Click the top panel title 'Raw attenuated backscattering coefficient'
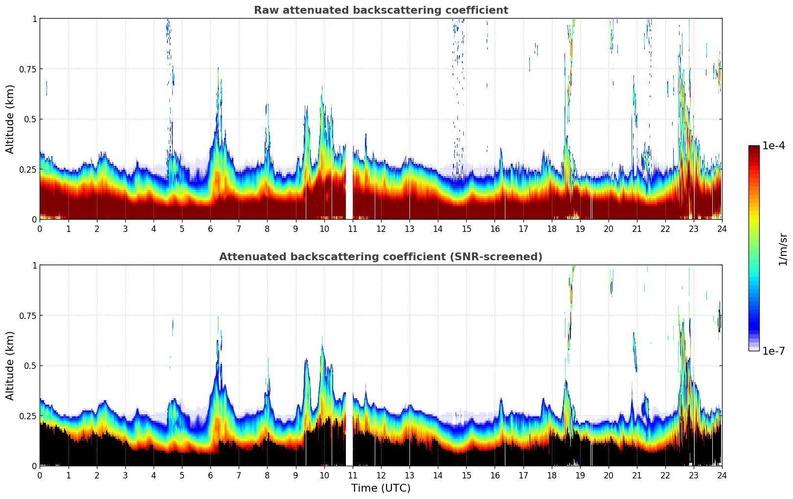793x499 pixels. pyautogui.click(x=381, y=10)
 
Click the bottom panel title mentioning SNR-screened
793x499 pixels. pyautogui.click(x=381, y=257)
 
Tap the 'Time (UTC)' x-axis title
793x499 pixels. pyautogui.click(x=381, y=488)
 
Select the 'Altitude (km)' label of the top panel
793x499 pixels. pyautogui.click(x=10, y=119)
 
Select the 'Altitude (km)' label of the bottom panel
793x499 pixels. pyautogui.click(x=10, y=365)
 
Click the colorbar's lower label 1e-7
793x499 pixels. pyautogui.click(x=773, y=351)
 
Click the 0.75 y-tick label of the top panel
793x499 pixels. pyautogui.click(x=27, y=69)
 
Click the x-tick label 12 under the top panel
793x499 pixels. pyautogui.click(x=381, y=228)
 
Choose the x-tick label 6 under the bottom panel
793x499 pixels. pyautogui.click(x=210, y=475)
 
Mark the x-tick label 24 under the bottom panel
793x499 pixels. pyautogui.click(x=722, y=475)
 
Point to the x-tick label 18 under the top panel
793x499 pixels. pyautogui.click(x=551, y=228)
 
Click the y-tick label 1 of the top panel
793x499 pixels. pyautogui.click(x=34, y=19)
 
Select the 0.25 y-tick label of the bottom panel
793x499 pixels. pyautogui.click(x=27, y=416)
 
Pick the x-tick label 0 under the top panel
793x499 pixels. pyautogui.click(x=40, y=228)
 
